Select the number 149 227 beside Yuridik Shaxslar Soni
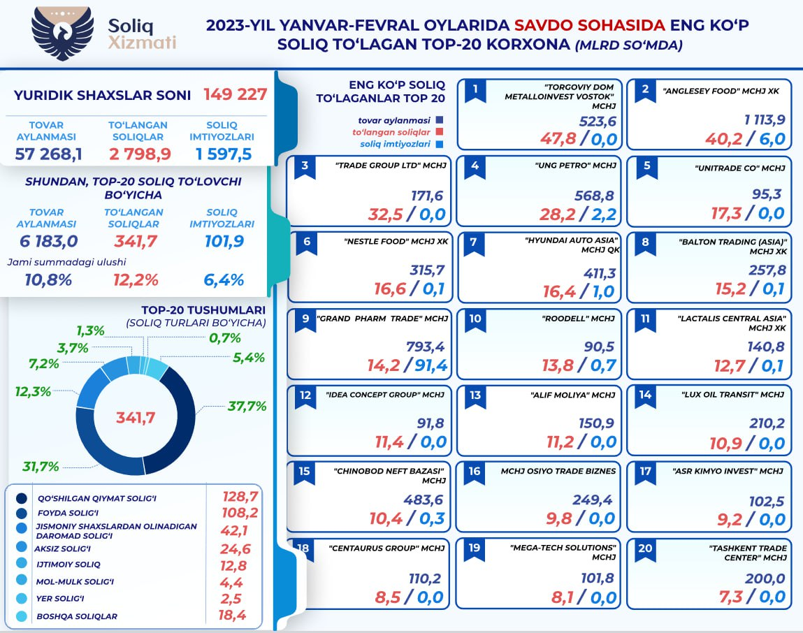(x=236, y=94)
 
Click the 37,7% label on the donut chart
(x=247, y=405)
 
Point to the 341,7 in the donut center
(x=135, y=418)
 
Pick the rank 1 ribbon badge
(x=475, y=89)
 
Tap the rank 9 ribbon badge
(x=305, y=319)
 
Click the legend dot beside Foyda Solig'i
(x=22, y=514)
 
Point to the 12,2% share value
(x=136, y=280)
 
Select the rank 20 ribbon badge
(x=644, y=549)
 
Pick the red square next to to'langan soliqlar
(x=440, y=131)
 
